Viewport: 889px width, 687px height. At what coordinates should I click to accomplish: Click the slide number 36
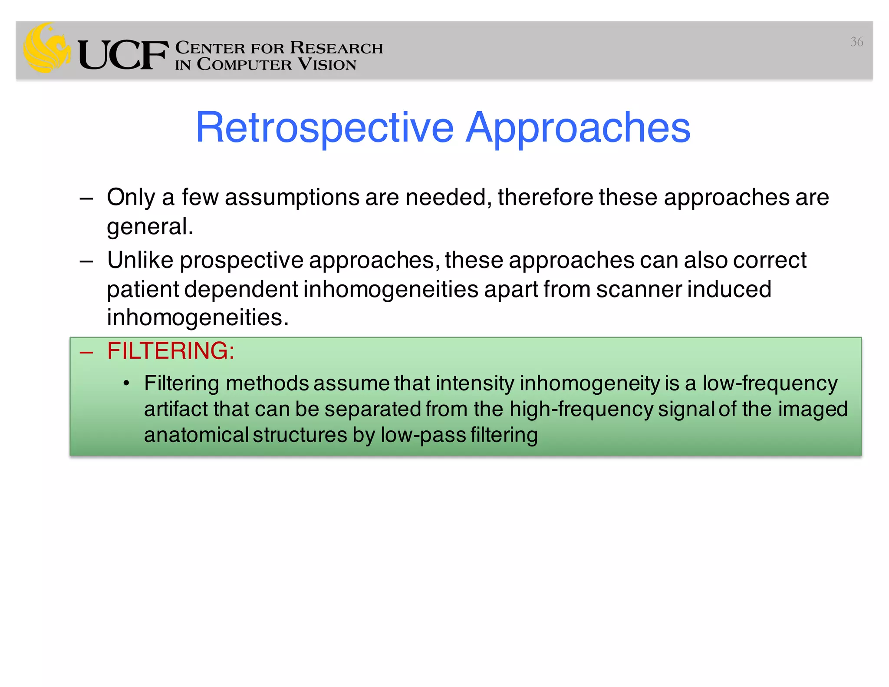pyautogui.click(x=856, y=42)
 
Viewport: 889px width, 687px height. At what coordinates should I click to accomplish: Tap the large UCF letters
pyautogui.click(x=123, y=55)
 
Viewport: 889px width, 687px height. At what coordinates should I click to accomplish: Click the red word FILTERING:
pyautogui.click(x=171, y=350)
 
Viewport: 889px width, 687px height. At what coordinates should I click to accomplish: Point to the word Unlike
pyautogui.click(x=140, y=260)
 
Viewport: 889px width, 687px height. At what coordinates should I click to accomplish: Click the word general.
pyautogui.click(x=150, y=226)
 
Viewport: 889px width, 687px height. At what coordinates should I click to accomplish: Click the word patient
pyautogui.click(x=143, y=290)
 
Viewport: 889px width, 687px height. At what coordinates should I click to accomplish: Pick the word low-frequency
pyautogui.click(x=770, y=383)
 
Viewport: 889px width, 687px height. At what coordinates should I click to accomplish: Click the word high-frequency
pyautogui.click(x=581, y=409)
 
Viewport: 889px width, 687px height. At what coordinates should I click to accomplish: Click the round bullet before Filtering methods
pyautogui.click(x=126, y=383)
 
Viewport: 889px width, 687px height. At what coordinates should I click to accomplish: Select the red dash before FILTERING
pyautogui.click(x=86, y=352)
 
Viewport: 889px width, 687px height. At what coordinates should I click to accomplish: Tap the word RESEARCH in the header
pyautogui.click(x=336, y=48)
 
